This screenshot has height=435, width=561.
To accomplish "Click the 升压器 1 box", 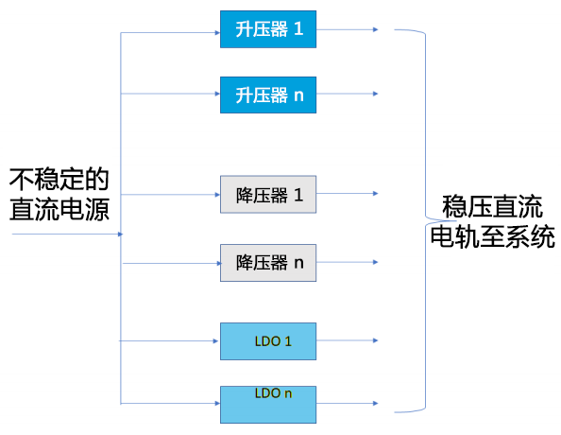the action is (x=268, y=29).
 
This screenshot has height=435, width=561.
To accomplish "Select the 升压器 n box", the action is (x=268, y=95).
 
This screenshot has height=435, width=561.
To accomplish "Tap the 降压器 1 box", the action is (x=268, y=194).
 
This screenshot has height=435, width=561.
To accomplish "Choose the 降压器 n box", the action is (x=268, y=263).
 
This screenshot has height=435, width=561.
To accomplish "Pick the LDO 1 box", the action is (x=268, y=341).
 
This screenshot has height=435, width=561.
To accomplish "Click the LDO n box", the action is (x=268, y=405).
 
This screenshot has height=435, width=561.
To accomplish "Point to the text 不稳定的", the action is (x=59, y=179).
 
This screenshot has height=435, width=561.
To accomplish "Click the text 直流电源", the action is (x=59, y=209).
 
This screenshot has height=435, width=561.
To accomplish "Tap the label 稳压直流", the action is (x=492, y=206).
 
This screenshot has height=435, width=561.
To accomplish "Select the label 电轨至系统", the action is (x=492, y=236).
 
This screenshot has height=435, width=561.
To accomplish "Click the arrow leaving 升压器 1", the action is (x=347, y=29).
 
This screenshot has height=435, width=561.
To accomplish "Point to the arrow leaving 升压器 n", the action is (x=347, y=94).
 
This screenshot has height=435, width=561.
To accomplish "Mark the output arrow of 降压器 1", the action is (x=347, y=194).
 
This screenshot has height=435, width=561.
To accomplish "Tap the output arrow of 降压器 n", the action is (x=347, y=262).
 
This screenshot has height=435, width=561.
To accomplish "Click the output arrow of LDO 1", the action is (x=347, y=340).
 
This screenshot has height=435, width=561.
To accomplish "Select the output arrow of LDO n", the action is (x=347, y=404).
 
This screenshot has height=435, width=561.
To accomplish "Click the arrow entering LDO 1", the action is (x=169, y=340).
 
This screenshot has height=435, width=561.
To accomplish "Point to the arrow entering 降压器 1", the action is (x=171, y=195).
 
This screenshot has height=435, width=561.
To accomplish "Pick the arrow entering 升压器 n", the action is (x=171, y=94).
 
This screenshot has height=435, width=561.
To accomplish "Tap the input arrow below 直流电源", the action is (x=68, y=235).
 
